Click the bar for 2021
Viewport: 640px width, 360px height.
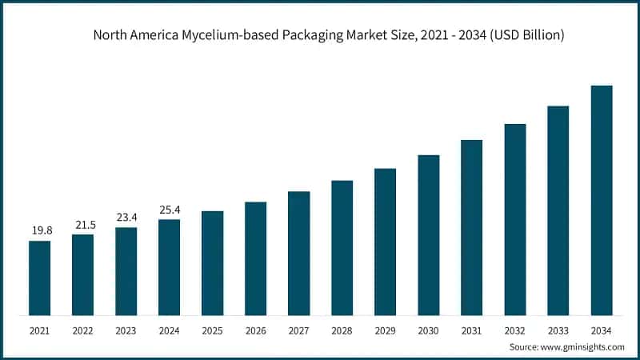(x=39, y=278)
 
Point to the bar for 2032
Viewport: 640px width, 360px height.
(x=515, y=219)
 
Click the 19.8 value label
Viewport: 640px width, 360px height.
(x=42, y=230)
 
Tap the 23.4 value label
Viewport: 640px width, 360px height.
(x=126, y=217)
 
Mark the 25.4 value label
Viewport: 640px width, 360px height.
(x=169, y=209)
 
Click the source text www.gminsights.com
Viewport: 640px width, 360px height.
(x=583, y=346)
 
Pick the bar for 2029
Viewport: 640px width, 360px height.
(x=385, y=242)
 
